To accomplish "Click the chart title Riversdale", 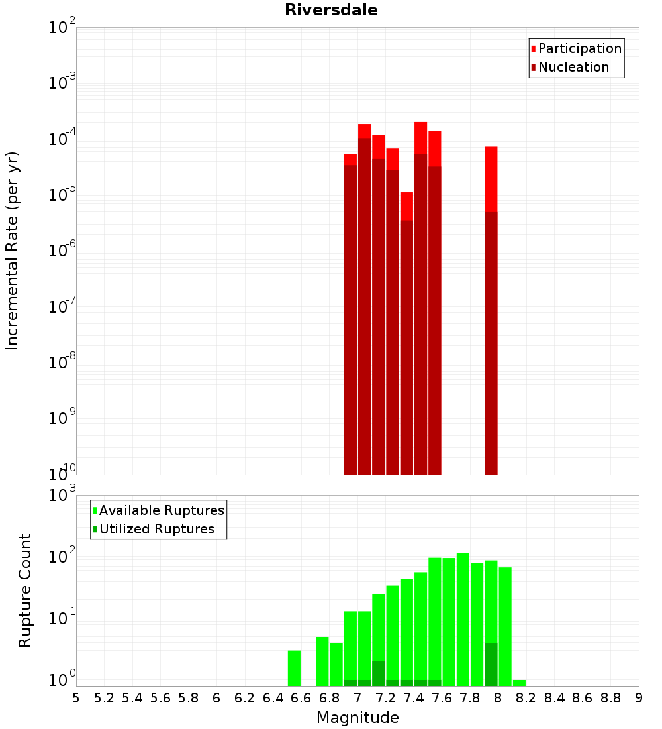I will click(x=331, y=10).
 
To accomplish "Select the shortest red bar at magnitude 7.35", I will click(x=406, y=331).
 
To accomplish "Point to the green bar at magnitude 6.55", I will click(x=294, y=668).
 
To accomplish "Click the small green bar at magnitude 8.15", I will click(x=519, y=683).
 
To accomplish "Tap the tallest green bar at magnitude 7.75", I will click(x=463, y=616).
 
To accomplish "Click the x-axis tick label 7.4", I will click(x=414, y=698).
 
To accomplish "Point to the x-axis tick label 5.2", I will click(x=104, y=698).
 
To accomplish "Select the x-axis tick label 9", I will click(x=639, y=698).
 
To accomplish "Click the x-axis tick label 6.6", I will click(x=301, y=698).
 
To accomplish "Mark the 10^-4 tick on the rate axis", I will click(x=62, y=139).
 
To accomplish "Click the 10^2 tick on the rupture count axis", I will click(x=62, y=557).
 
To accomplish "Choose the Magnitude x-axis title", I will click(x=357, y=718).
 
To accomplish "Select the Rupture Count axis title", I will click(x=25, y=590).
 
